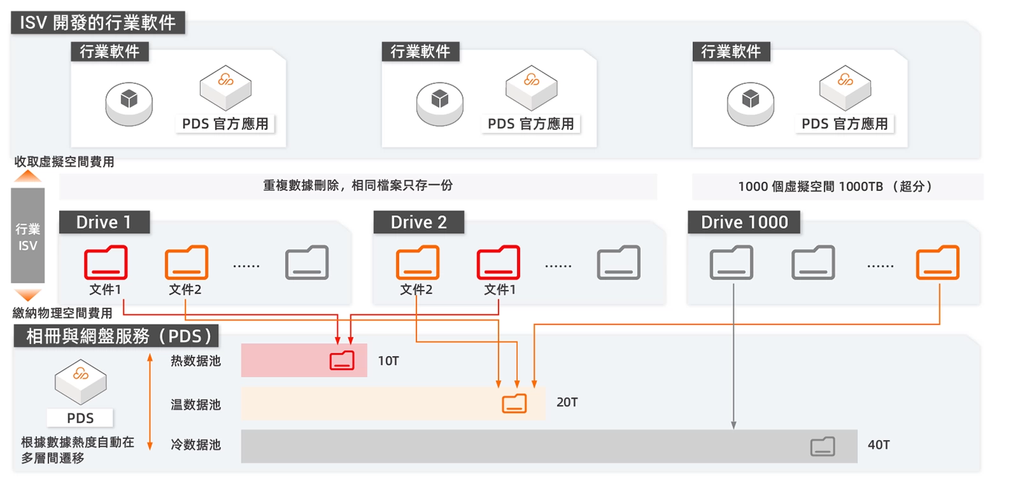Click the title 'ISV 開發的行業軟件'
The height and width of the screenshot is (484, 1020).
tap(98, 23)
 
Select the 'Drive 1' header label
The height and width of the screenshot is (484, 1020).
tap(104, 222)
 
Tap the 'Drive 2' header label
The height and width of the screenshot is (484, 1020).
tap(418, 222)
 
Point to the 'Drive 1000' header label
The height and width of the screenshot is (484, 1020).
tap(744, 222)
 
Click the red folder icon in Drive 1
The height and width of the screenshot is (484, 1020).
tap(106, 262)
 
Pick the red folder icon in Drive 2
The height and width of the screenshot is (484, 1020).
tap(499, 262)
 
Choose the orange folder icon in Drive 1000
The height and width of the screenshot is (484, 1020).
tap(937, 262)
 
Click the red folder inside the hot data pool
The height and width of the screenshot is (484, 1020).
tap(342, 360)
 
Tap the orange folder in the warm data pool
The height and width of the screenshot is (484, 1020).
tap(514, 403)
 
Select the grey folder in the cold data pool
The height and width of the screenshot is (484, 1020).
tap(822, 446)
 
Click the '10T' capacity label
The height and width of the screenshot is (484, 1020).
tap(388, 361)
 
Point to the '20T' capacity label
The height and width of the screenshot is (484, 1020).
tap(567, 402)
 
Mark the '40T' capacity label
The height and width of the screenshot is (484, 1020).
tap(878, 445)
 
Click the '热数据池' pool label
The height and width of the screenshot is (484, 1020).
tap(196, 361)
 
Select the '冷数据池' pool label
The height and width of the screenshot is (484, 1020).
tap(196, 445)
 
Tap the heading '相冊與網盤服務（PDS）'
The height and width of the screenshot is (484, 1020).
tap(118, 336)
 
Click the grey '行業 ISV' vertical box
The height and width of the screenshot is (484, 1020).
tap(27, 236)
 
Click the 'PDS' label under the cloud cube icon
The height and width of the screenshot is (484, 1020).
tap(80, 418)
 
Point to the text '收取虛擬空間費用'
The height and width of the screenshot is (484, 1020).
tap(64, 162)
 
